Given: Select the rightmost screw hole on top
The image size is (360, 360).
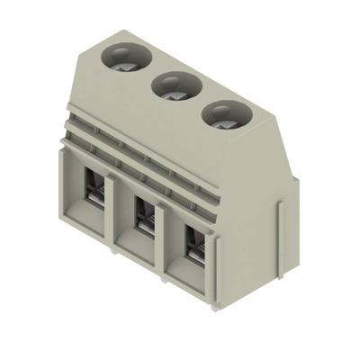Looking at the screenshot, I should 221,114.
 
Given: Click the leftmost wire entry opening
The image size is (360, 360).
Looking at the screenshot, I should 94,193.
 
